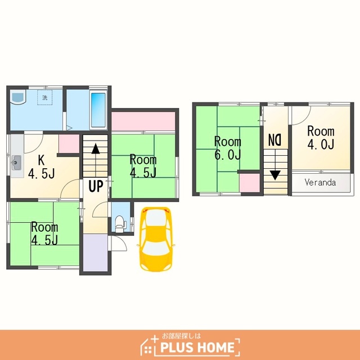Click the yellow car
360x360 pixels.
(156, 238)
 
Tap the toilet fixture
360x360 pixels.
(120, 224)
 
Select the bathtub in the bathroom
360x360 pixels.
(98, 110)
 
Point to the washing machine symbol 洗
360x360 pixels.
(45, 97)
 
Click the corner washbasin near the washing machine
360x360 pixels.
(18, 97)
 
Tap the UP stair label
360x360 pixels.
(96, 186)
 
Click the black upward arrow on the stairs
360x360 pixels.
(96, 148)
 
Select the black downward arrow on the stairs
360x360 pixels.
(275, 175)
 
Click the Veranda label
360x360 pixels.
(320, 182)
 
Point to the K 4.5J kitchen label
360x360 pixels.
(41, 166)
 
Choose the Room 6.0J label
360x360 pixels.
(227, 148)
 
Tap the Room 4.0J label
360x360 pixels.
(321, 137)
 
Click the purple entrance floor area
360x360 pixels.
(95, 253)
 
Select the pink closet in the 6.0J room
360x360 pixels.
(250, 183)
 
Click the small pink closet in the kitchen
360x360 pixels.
(69, 143)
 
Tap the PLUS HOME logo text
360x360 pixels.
(197, 347)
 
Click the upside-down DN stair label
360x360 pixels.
(275, 140)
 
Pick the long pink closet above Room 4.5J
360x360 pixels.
(143, 121)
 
